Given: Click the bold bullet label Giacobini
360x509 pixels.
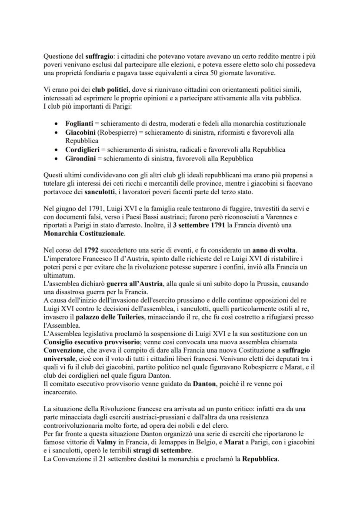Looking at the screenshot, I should click(81, 132).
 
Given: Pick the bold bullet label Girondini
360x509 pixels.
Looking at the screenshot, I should click(80, 158).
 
